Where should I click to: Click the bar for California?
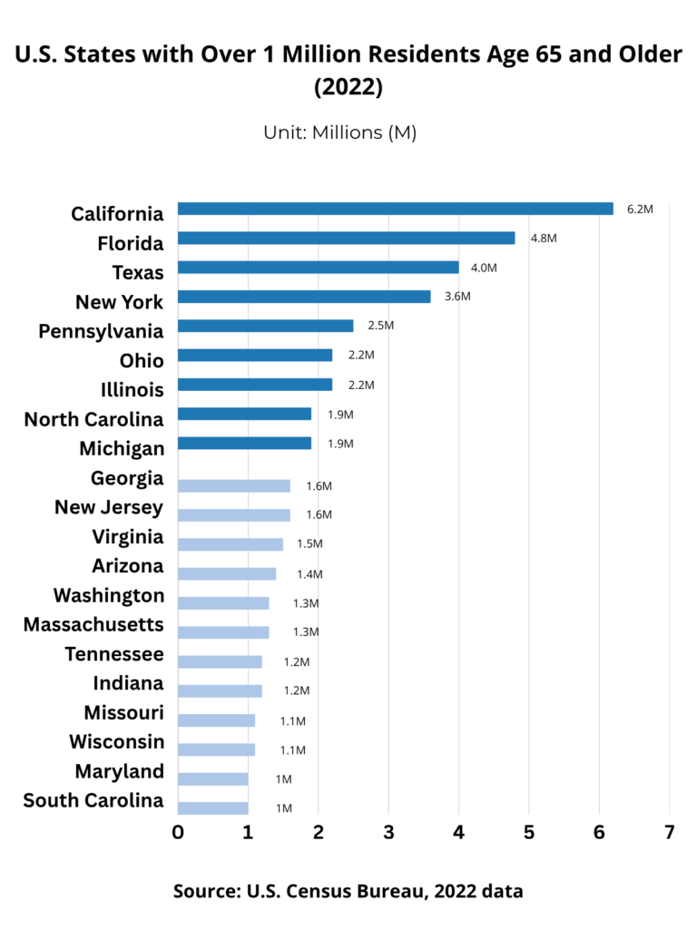click(x=395, y=209)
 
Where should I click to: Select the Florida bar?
click(x=346, y=238)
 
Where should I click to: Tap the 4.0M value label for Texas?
click(x=484, y=268)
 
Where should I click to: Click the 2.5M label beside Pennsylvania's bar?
click(x=381, y=326)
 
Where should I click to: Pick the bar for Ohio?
click(x=255, y=355)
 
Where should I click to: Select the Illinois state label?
click(x=132, y=390)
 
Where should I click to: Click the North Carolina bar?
click(x=244, y=414)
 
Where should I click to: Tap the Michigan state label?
click(x=122, y=449)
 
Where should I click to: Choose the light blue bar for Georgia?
click(x=233, y=485)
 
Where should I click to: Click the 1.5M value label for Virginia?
click(x=309, y=544)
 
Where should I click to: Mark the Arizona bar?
click(x=226, y=573)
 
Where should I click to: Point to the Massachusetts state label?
click(x=93, y=625)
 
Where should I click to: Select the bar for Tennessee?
click(x=220, y=661)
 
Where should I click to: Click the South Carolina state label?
click(x=93, y=801)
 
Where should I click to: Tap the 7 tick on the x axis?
click(x=670, y=833)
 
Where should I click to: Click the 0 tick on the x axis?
click(x=178, y=833)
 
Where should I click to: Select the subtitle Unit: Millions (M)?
click(x=339, y=132)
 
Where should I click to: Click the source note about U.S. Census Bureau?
click(x=348, y=891)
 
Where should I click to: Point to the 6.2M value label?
click(x=640, y=209)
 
